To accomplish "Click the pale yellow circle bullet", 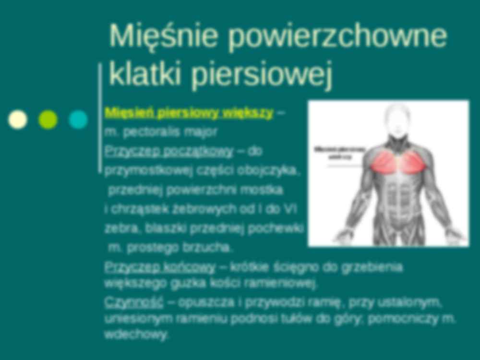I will click(x=18, y=120).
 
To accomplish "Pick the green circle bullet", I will click(x=48, y=120).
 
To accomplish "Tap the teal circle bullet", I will click(x=78, y=120).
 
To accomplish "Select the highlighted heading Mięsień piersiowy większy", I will click(x=189, y=113).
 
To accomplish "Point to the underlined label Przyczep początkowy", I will click(x=168, y=151).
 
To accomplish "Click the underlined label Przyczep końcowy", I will click(x=159, y=267).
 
